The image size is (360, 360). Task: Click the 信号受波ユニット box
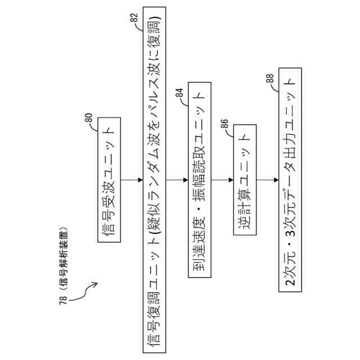[110, 181]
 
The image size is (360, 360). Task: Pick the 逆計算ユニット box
[242, 180]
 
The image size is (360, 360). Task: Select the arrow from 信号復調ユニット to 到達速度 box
[178, 180]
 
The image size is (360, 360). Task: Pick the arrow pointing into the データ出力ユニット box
[269, 180]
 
